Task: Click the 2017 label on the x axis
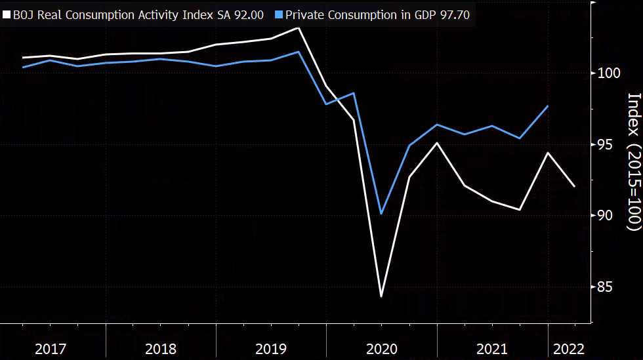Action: click(x=51, y=348)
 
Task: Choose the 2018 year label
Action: click(x=161, y=348)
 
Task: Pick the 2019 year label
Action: click(x=271, y=348)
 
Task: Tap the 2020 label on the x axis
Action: click(x=381, y=348)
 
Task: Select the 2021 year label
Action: click(x=491, y=348)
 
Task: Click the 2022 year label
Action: click(x=568, y=348)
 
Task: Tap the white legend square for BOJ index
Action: click(x=7, y=14)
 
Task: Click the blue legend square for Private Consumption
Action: click(x=279, y=14)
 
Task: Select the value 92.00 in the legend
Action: click(x=250, y=14)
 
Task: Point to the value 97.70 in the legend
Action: click(x=453, y=14)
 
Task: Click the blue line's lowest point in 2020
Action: click(x=381, y=214)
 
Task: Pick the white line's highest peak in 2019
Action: click(x=299, y=28)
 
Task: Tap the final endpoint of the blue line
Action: click(x=548, y=106)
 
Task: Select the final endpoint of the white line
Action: click(x=575, y=187)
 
